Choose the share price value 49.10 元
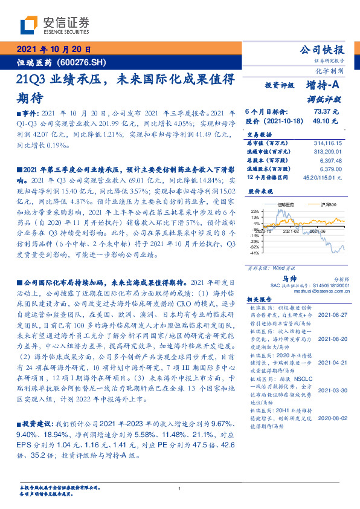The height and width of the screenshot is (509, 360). pyautogui.click(x=327, y=122)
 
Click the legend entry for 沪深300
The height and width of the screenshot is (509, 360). pyautogui.click(x=313, y=206)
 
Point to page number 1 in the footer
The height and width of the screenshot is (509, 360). pyautogui.click(x=180, y=489)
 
